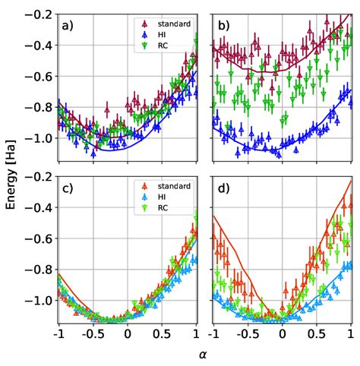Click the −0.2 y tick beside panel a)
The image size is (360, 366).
point(39,15)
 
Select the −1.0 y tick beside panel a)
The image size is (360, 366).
point(39,138)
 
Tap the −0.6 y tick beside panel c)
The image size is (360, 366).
point(39,238)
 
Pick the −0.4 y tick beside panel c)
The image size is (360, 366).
point(39,207)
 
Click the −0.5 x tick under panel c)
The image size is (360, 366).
point(92,333)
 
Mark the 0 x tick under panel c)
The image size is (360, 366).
point(128,333)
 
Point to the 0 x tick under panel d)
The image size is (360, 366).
point(283,333)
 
